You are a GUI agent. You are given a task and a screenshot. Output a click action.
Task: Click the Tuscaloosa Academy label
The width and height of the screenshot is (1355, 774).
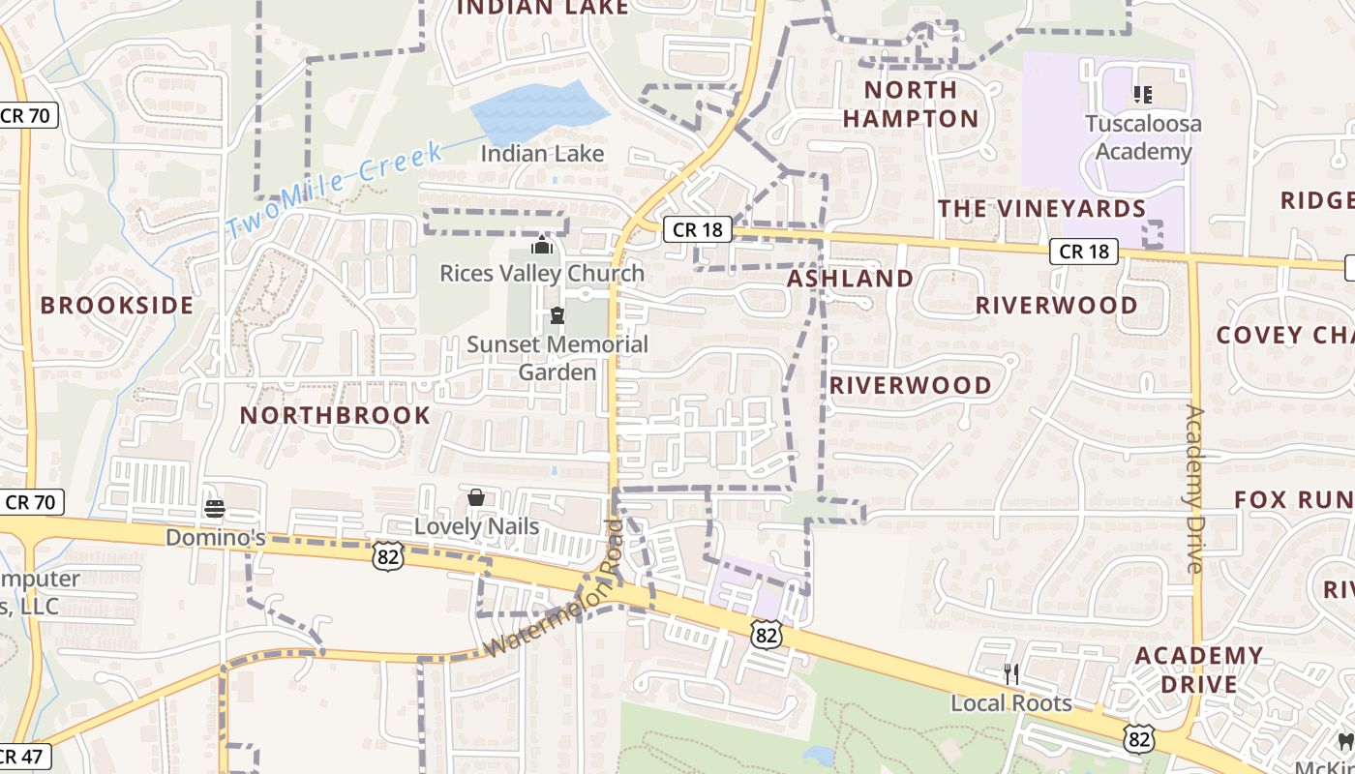coord(1143,137)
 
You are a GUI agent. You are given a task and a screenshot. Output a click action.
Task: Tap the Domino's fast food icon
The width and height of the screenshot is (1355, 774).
coord(215,508)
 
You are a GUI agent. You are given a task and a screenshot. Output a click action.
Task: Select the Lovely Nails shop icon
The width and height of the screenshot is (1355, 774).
coord(475,497)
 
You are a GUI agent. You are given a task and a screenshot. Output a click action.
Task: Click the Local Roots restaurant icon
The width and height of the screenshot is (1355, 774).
coord(1011,673)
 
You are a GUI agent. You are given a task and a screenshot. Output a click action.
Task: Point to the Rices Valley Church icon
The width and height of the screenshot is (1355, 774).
coord(542,245)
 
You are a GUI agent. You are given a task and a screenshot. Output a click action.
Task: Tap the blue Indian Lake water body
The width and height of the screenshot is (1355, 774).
coord(538,111)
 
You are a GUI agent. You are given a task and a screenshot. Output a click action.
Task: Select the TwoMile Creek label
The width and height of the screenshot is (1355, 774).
coord(335,189)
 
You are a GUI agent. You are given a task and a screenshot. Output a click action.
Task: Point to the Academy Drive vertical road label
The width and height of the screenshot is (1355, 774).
coord(1195,489)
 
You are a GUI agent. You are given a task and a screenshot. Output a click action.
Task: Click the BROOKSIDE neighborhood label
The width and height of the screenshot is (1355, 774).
coord(117,305)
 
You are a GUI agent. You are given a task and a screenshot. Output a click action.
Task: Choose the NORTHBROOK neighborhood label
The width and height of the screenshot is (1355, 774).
coord(335,415)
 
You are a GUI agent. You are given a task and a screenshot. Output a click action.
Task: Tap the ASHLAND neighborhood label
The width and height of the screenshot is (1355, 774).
coord(850,278)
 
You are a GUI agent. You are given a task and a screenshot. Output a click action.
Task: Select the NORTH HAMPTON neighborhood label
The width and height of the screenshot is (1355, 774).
coord(910,104)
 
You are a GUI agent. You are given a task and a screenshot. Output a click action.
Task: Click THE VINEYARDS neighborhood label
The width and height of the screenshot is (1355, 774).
coord(1041,208)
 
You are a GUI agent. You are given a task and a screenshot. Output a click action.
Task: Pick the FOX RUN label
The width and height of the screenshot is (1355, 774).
coord(1293,499)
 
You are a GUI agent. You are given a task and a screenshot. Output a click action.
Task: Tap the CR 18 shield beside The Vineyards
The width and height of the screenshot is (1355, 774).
coord(1083,252)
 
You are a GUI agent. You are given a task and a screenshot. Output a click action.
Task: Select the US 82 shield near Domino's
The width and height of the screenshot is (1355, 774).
coord(387,555)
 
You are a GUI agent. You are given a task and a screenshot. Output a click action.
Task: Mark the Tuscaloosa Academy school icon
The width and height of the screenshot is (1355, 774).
coord(1142,94)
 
